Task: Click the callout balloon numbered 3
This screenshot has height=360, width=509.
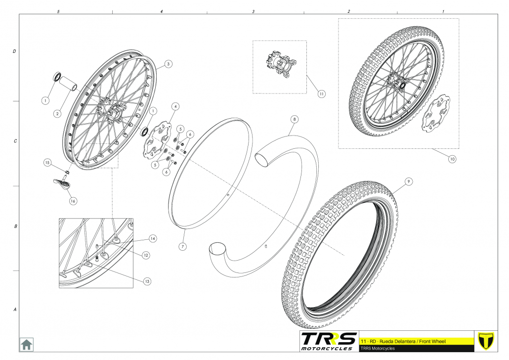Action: pos(169,64)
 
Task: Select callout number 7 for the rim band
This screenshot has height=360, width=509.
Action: pos(182,246)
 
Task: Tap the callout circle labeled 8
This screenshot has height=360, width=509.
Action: pos(294,119)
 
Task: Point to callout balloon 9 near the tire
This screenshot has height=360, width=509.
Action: pos(408,181)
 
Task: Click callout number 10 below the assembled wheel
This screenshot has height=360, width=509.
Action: pos(452,159)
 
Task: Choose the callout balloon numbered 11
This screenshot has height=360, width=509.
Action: pos(322,93)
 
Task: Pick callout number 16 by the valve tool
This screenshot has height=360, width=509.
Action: pos(73,201)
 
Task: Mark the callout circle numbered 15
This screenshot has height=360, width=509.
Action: pos(47,162)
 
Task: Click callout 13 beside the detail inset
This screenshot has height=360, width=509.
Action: pos(146,281)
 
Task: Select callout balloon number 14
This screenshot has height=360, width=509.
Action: pos(153,238)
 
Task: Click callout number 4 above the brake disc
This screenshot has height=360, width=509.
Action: pos(176,106)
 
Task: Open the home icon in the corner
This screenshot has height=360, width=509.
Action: pos(26,344)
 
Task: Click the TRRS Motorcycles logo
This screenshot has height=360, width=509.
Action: pos(329,341)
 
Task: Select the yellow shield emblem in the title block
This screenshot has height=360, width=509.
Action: pos(487,341)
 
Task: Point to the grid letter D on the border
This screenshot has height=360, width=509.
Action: pos(14,51)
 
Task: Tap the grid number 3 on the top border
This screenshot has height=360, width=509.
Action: pos(254,11)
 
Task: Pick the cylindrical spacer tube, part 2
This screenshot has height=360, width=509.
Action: pos(70,85)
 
